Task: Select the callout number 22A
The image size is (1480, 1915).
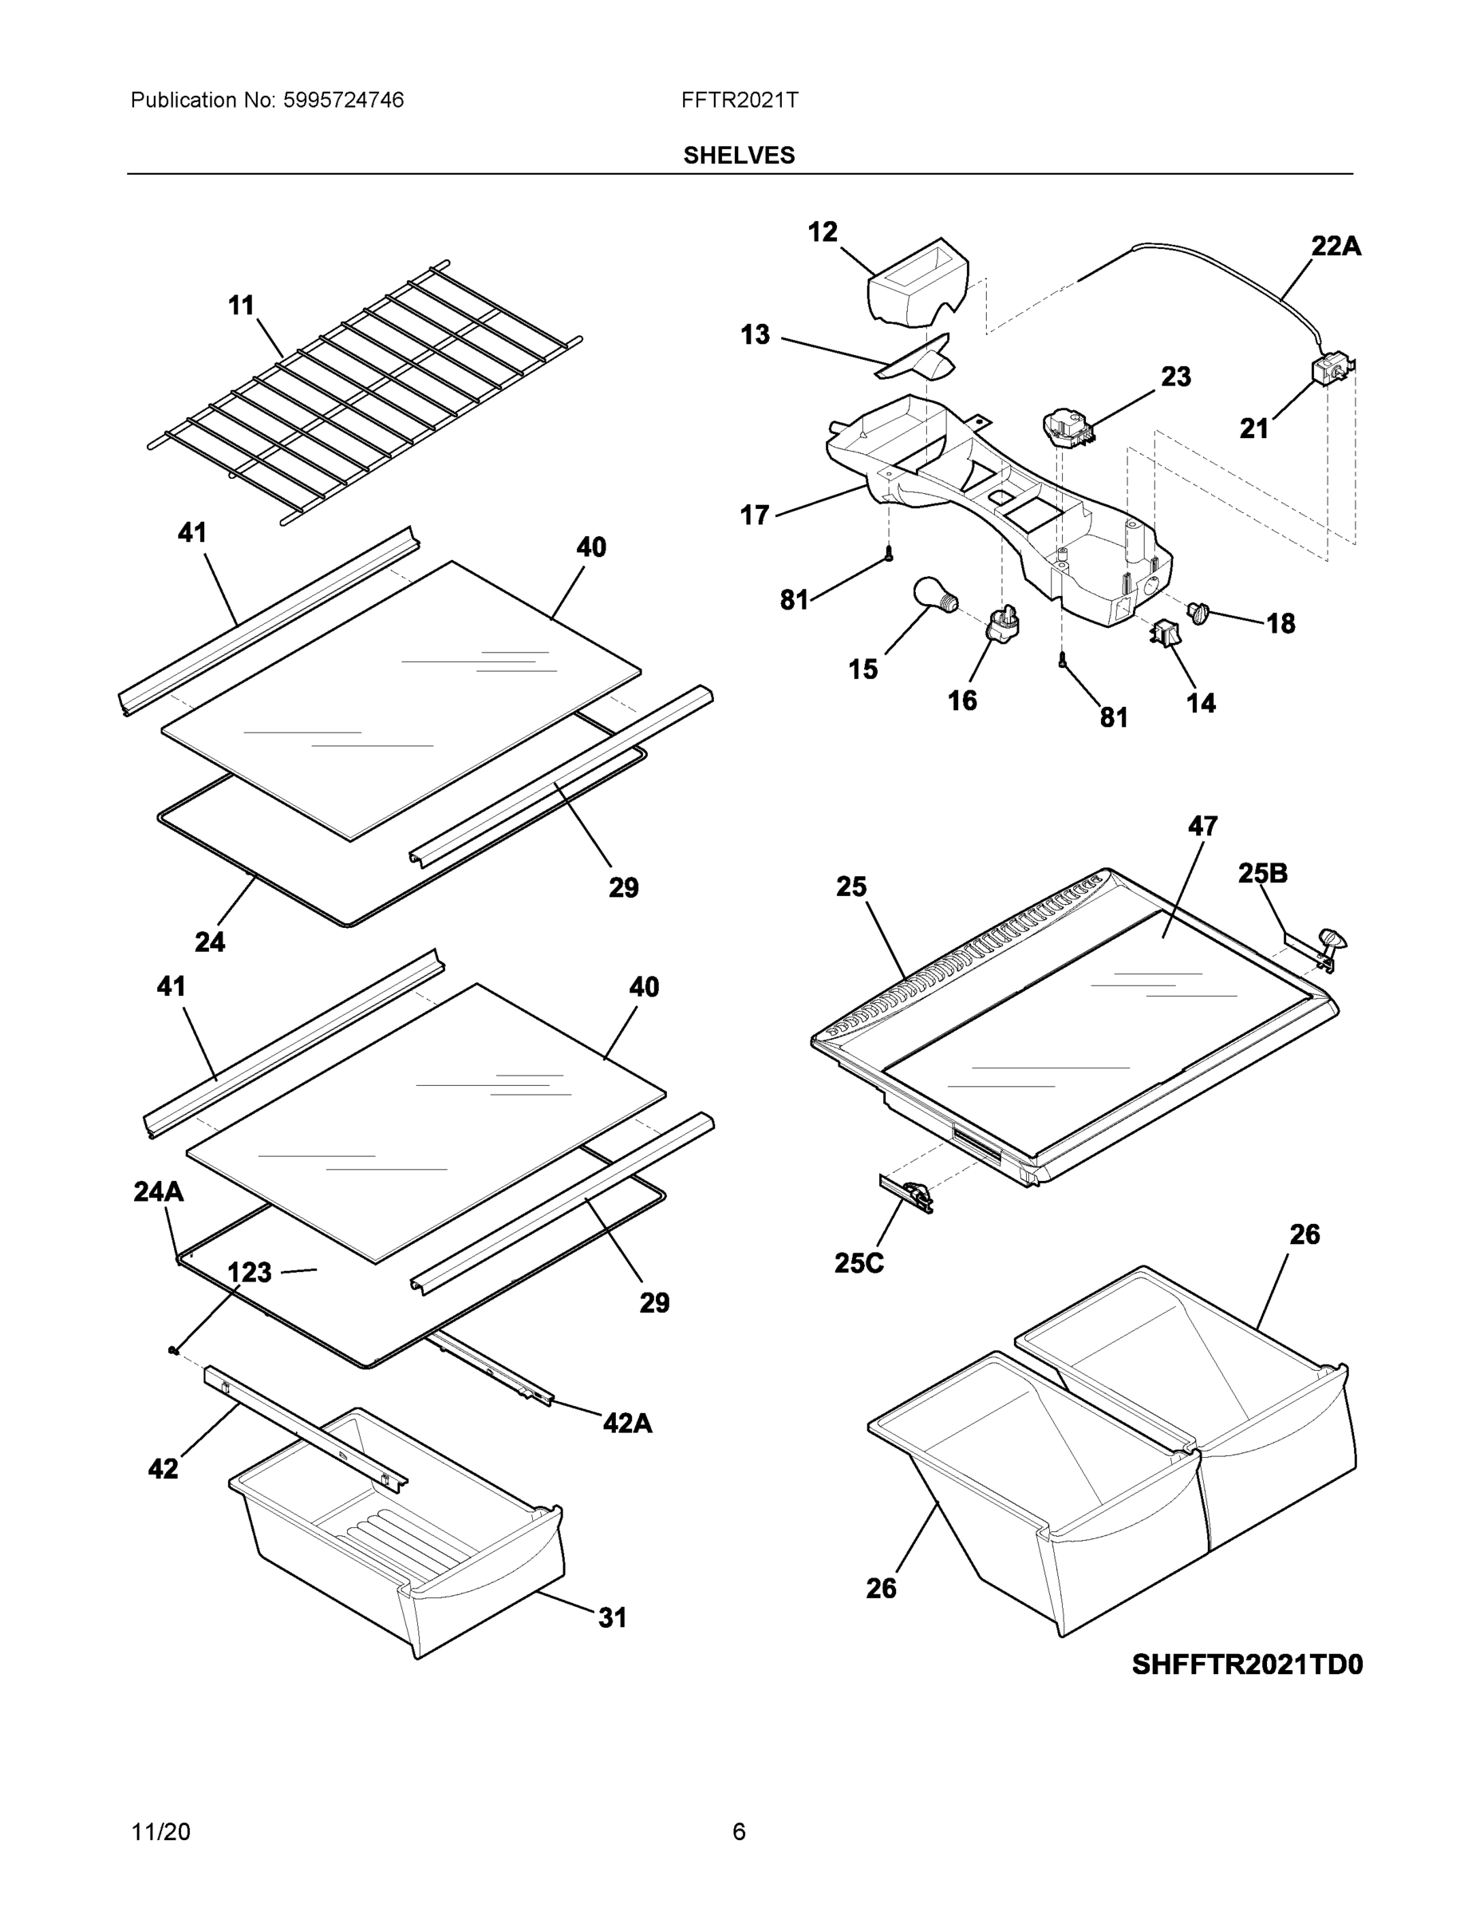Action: (x=1336, y=247)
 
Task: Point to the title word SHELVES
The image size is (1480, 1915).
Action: (x=739, y=156)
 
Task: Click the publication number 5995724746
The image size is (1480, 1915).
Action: (x=343, y=100)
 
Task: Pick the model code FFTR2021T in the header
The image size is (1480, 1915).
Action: (x=739, y=100)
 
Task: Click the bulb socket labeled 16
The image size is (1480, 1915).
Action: (x=1004, y=623)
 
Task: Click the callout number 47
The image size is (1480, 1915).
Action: (x=1203, y=826)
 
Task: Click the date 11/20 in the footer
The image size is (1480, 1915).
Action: (x=160, y=1832)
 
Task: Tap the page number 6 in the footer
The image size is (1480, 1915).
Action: (x=739, y=1832)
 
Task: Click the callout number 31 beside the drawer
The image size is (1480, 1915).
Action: (x=612, y=1617)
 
